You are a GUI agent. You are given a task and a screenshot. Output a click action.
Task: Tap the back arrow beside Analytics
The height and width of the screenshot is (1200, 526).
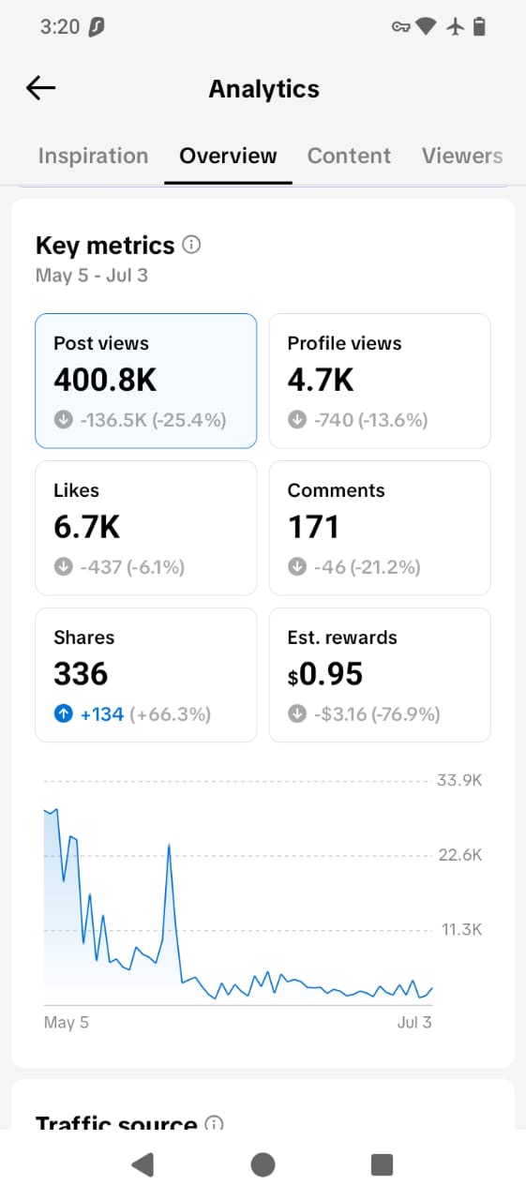point(40,88)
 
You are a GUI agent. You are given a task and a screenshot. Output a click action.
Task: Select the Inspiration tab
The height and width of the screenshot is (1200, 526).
point(93,156)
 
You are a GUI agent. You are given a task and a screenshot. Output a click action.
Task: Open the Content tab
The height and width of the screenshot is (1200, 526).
point(349,156)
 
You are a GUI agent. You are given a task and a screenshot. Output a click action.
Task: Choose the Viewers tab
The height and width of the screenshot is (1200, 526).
point(461,156)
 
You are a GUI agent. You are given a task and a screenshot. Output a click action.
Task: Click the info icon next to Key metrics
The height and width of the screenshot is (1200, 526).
point(192,245)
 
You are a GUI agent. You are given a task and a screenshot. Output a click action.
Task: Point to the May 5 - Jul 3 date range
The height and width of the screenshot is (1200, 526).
point(92,276)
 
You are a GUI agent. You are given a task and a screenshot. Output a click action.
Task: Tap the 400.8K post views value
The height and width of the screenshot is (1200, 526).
point(105,380)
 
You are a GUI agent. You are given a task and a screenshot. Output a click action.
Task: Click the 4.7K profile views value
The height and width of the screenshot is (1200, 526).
point(321,380)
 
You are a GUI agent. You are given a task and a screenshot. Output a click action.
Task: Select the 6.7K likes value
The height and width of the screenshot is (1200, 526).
point(87,527)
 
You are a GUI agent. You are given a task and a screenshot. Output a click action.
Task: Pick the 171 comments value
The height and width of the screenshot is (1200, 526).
point(313,527)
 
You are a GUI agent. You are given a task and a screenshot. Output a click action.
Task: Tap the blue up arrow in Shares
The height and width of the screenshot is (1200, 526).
point(63,713)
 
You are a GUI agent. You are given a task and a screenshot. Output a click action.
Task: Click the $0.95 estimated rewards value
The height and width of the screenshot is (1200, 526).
point(325,674)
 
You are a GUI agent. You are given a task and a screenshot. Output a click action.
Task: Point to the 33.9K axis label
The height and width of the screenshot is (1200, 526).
point(459,780)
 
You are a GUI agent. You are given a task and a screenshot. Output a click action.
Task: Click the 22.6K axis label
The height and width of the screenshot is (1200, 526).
point(460,854)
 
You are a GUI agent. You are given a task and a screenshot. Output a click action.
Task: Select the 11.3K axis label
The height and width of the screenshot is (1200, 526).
point(461,929)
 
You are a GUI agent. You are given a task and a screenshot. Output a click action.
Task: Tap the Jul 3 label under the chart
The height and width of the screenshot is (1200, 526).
point(414,1022)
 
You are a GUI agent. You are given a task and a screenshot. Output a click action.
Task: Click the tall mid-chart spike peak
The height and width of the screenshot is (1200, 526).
point(170,845)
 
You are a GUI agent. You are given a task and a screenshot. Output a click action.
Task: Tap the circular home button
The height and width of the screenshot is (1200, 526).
point(263,1164)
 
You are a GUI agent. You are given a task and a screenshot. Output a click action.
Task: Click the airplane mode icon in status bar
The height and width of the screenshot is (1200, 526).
point(456,26)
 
